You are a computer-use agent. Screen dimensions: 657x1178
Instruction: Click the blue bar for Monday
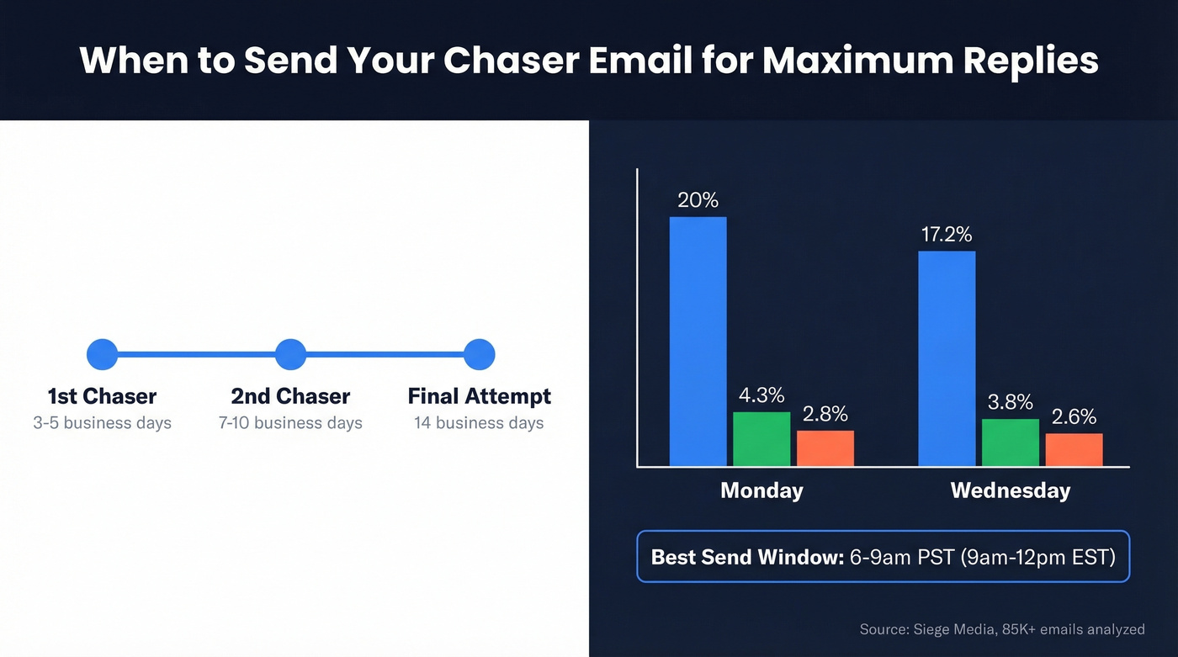[698, 341]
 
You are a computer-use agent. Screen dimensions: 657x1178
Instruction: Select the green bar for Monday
[761, 438]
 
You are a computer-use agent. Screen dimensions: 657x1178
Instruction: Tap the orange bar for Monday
[825, 448]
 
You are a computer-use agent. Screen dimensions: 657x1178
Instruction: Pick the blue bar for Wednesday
[947, 358]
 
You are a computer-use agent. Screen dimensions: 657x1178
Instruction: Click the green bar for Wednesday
[1010, 442]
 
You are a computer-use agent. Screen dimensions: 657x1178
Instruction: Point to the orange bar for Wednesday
[1074, 449]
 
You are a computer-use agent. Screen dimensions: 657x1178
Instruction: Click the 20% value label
[698, 200]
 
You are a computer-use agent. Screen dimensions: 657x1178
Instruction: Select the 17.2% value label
[947, 234]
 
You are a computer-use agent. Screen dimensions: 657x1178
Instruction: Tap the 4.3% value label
[761, 395]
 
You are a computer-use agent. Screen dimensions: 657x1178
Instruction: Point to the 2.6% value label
[1074, 416]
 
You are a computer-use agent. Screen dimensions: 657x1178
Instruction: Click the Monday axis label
[761, 490]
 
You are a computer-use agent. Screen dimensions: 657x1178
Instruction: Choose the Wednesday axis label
[1010, 490]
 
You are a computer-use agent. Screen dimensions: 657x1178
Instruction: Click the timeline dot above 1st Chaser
[103, 354]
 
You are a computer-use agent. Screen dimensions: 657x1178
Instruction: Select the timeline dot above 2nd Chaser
[290, 354]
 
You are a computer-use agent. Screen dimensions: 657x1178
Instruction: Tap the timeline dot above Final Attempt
[479, 354]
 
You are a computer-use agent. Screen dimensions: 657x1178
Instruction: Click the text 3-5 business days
[103, 422]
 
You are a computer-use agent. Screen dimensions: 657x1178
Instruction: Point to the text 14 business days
[479, 422]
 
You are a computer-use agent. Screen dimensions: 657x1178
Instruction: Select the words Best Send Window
[747, 557]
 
